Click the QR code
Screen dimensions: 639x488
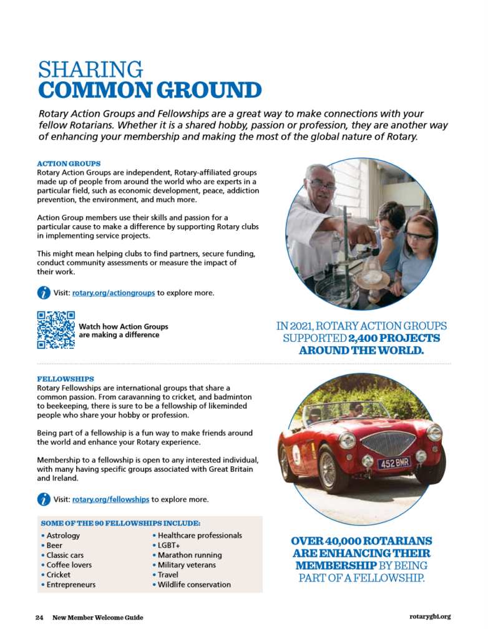(56, 329)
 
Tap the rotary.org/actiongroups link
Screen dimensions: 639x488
(114, 292)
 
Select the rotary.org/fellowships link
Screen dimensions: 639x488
(110, 499)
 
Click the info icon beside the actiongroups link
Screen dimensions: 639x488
(44, 292)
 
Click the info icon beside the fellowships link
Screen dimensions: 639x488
(44, 499)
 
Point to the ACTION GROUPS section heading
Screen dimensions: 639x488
(69, 163)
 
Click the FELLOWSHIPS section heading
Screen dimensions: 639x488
(66, 379)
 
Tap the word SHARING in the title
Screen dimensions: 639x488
(90, 69)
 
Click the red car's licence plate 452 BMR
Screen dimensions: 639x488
(394, 463)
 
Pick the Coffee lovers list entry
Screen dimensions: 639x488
(69, 565)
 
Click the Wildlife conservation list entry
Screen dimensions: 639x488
(194, 585)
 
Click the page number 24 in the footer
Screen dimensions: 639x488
(39, 618)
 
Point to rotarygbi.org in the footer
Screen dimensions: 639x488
(430, 617)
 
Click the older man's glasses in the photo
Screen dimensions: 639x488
(322, 184)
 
